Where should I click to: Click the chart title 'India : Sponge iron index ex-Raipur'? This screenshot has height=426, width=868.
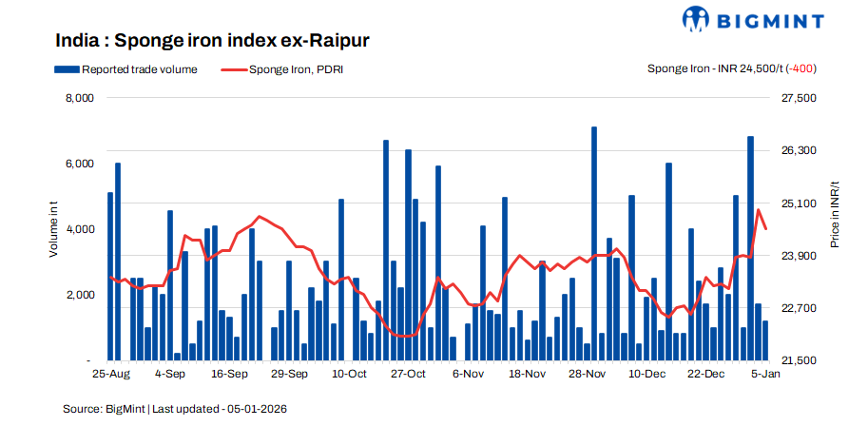[212, 40]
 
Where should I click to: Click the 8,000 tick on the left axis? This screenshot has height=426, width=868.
[78, 98]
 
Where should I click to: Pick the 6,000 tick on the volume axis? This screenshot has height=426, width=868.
[78, 164]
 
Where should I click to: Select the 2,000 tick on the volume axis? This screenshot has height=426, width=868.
[78, 295]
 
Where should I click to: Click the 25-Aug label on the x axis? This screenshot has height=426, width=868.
[113, 375]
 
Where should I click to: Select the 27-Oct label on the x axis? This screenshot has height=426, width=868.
[409, 375]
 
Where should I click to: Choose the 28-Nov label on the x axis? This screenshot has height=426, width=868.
[588, 375]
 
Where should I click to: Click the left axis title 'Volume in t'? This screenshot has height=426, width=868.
[54, 229]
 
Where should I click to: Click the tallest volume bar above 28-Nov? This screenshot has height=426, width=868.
[594, 238]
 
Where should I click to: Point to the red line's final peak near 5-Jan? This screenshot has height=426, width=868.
[759, 210]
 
